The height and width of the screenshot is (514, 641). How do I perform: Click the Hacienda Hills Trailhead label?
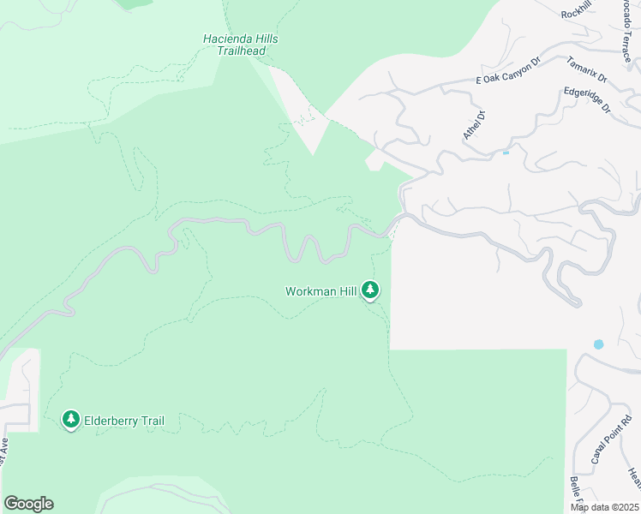coord(240,45)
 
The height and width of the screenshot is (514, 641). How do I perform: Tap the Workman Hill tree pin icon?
coord(370,290)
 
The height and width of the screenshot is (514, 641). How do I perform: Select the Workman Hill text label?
coord(320,291)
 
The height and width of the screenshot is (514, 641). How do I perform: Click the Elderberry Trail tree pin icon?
coord(71,420)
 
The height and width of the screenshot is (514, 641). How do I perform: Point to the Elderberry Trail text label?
coord(123,421)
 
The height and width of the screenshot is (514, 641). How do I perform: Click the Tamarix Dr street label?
coord(586,69)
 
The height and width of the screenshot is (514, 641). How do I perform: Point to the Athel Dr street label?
coord(473,125)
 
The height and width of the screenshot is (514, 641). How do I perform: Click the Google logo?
coord(28,504)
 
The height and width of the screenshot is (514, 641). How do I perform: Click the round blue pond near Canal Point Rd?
coord(598,344)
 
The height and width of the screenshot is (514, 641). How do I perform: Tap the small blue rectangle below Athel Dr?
coord(506,152)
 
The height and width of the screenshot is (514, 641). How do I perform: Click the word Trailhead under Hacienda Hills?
coord(240,51)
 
